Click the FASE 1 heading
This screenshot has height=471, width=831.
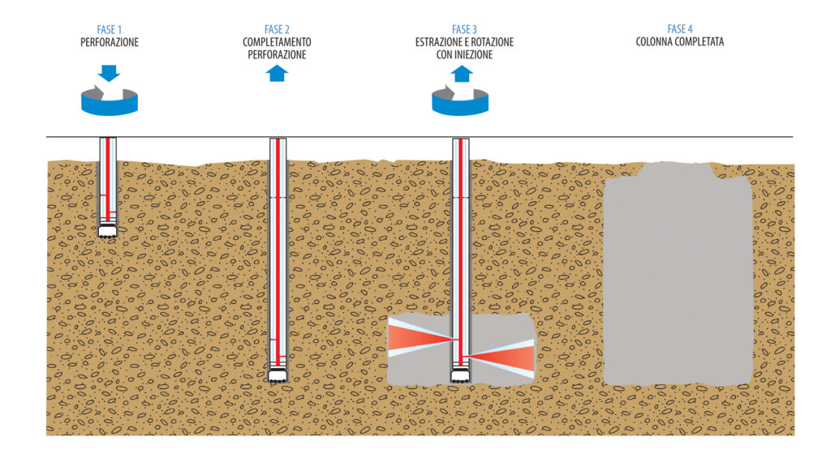click(x=109, y=30)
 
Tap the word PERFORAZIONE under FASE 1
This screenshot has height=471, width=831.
click(x=109, y=41)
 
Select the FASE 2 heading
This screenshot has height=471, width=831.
click(x=277, y=30)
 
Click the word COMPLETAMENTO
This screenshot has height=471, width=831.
click(x=277, y=41)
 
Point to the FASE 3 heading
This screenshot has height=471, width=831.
click(x=461, y=30)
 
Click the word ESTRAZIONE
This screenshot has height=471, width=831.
click(x=436, y=41)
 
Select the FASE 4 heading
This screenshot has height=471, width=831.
click(x=679, y=30)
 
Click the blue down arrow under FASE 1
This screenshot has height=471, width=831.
click(x=109, y=73)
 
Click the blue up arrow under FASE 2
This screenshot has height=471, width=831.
click(x=277, y=73)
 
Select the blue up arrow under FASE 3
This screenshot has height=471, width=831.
click(x=462, y=74)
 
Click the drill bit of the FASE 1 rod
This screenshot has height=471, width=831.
click(x=108, y=231)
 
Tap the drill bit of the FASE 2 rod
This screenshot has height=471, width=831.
click(x=278, y=375)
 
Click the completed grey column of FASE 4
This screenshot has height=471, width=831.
click(x=678, y=276)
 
